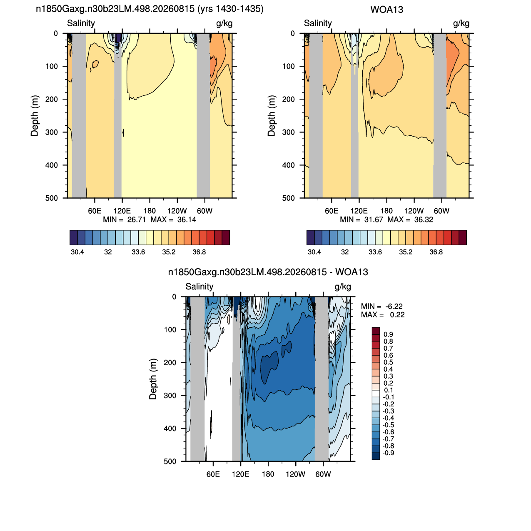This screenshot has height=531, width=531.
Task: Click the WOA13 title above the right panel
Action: (x=386, y=10)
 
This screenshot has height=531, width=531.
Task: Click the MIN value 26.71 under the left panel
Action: (x=137, y=219)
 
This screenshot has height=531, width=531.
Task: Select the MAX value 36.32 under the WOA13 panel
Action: (x=424, y=219)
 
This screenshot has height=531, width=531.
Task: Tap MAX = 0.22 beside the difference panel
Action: (x=383, y=315)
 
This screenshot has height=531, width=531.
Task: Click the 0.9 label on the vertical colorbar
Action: (x=388, y=334)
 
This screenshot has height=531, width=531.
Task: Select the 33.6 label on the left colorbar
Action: (x=138, y=252)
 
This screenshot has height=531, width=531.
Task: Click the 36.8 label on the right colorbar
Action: (x=436, y=252)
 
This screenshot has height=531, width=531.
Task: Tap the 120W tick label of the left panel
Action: (x=177, y=211)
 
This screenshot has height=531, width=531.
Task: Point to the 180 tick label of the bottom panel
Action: (x=268, y=474)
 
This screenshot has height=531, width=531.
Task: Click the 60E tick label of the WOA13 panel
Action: (x=332, y=211)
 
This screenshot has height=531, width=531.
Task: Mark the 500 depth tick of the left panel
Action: (x=52, y=198)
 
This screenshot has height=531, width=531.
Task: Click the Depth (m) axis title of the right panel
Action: (x=272, y=116)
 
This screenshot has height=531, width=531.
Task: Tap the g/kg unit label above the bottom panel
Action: (x=343, y=287)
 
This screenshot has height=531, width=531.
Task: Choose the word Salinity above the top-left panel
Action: (x=81, y=23)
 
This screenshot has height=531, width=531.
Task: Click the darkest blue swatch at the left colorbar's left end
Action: (x=74, y=237)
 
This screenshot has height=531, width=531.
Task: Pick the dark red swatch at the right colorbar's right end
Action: (x=463, y=237)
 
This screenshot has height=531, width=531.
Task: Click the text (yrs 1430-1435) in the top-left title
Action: (x=230, y=9)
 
